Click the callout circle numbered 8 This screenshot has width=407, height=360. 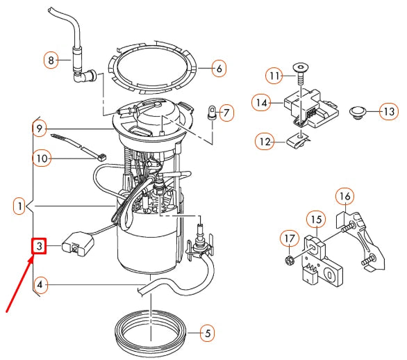(x=49, y=60)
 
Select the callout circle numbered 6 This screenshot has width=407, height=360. (x=218, y=69)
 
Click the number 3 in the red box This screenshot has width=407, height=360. (x=40, y=246)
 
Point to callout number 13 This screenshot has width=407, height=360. (x=388, y=111)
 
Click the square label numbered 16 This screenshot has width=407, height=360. (x=345, y=196)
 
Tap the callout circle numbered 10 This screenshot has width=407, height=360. (x=41, y=159)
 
